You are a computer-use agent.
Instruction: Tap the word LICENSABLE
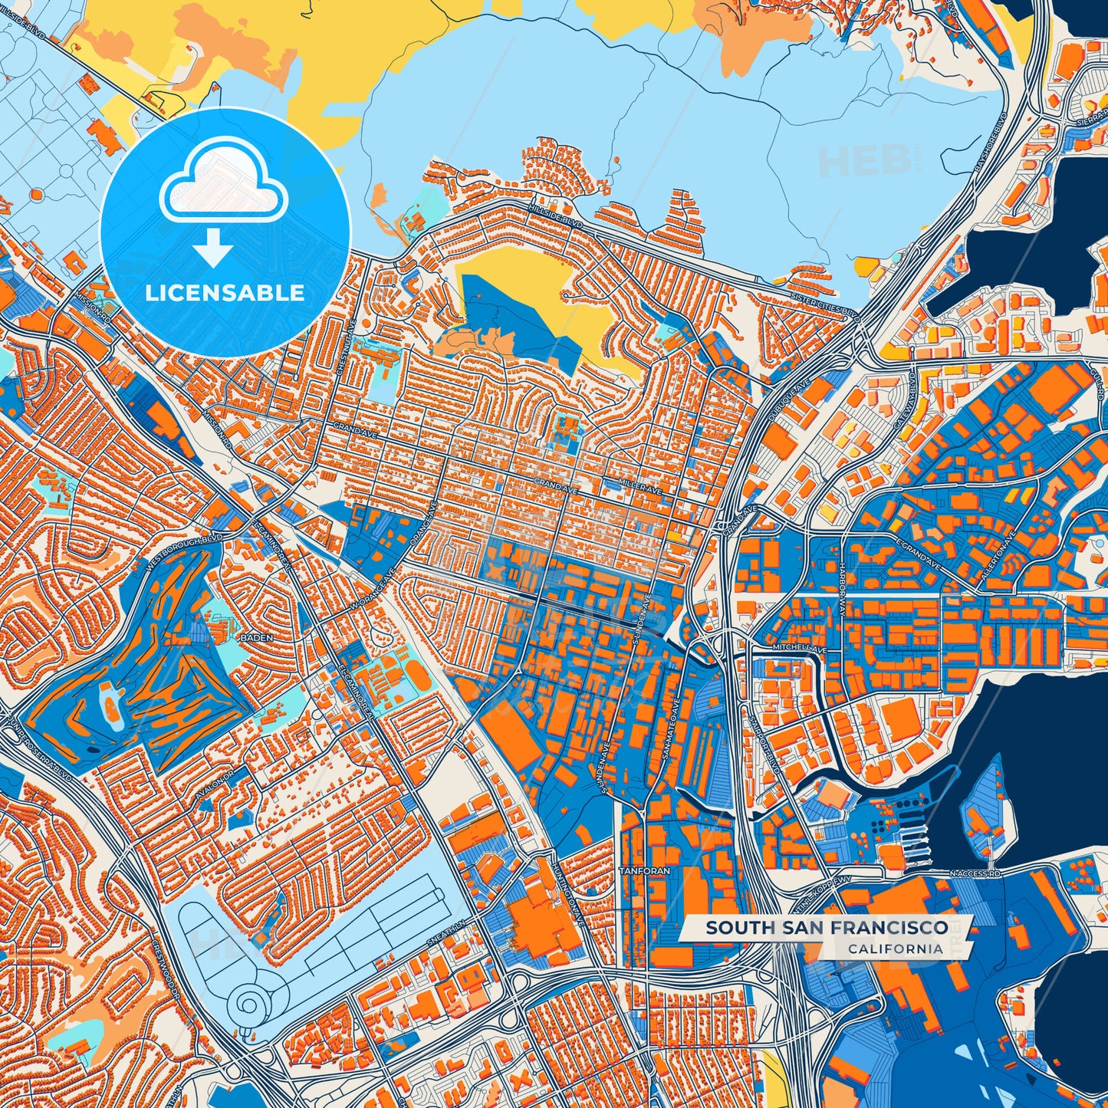coord(225,293)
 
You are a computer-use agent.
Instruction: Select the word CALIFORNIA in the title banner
coord(895,949)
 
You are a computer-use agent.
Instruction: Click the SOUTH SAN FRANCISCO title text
coord(827,928)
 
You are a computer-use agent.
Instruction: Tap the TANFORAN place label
coord(644,871)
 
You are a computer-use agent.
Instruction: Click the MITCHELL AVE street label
coord(800,648)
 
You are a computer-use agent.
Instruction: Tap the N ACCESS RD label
coord(975,873)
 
